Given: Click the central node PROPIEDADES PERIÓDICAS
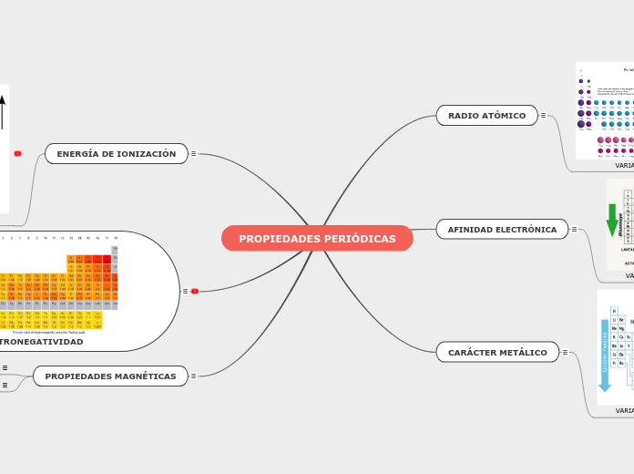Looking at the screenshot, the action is pyautogui.click(x=317, y=239).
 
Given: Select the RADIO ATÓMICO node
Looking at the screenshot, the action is pyautogui.click(x=486, y=116).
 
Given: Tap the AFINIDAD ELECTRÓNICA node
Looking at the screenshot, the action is pyautogui.click(x=502, y=230).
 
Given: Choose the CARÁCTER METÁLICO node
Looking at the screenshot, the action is pyautogui.click(x=497, y=353).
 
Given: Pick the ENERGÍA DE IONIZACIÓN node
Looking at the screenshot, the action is pyautogui.click(x=117, y=154).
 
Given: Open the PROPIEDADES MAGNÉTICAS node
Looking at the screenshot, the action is pyautogui.click(x=110, y=376).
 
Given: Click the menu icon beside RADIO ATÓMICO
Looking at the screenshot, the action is pyautogui.click(x=544, y=116).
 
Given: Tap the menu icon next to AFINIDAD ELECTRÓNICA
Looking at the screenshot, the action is pyautogui.click(x=574, y=230).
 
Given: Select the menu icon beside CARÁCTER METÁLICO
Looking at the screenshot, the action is pyautogui.click(x=565, y=353).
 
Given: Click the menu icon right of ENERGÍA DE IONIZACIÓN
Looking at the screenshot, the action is pyautogui.click(x=194, y=154).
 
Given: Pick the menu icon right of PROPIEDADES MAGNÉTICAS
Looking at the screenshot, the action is pyautogui.click(x=194, y=376).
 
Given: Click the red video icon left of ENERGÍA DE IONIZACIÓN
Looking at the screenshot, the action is pyautogui.click(x=17, y=154).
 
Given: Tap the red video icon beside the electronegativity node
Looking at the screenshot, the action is pyautogui.click(x=195, y=292).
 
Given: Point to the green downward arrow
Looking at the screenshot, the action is pyautogui.click(x=612, y=220).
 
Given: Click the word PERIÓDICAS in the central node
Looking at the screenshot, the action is pyautogui.click(x=359, y=239).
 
